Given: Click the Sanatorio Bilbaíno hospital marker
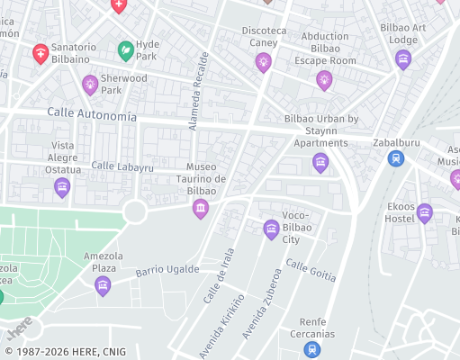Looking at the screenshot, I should coord(41,54).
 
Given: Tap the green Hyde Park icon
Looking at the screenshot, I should coord(127,49).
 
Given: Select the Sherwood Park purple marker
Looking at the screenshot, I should coord(90,85).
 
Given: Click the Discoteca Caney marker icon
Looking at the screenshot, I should coord(263,61).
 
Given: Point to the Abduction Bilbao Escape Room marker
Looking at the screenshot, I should coord(324,81).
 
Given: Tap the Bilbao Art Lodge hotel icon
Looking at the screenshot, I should coord(403,59).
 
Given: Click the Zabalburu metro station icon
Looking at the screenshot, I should coord(395,158).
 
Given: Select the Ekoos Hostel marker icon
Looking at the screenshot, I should coord(425,213).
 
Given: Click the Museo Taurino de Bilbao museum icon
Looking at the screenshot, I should coord(201,209).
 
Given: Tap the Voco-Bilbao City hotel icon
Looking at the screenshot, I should coord(271,229).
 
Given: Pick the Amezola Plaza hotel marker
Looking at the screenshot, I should coord(104,286).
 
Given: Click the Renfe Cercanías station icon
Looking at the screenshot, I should coord(311,349).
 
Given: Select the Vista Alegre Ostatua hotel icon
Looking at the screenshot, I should coord(62,187).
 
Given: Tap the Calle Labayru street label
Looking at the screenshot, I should coord(122,166).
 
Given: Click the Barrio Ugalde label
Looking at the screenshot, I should coord(167,269).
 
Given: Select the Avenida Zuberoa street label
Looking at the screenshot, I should coord(260,304).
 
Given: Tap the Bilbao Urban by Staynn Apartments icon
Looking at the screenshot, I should coord(320,163).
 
